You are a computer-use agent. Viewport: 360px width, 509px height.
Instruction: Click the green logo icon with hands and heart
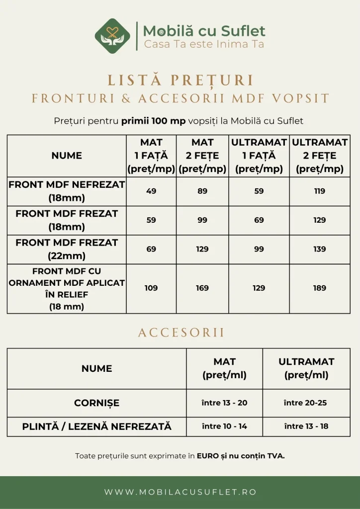pyautogui.click(x=112, y=36)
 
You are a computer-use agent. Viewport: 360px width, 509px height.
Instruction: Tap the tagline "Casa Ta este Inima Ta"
pyautogui.click(x=204, y=44)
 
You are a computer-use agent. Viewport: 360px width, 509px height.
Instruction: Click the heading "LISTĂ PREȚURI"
pyautogui.click(x=180, y=81)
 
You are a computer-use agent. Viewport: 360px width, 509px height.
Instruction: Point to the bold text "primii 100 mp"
pyautogui.click(x=147, y=121)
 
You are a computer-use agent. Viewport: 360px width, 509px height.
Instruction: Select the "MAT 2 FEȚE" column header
pyautogui.click(x=202, y=156)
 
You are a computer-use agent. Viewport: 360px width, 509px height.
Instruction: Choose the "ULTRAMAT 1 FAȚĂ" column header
pyautogui.click(x=259, y=156)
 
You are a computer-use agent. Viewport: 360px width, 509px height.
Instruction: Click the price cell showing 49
pyautogui.click(x=151, y=191)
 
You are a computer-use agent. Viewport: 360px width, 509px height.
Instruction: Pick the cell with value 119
pyautogui.click(x=320, y=191)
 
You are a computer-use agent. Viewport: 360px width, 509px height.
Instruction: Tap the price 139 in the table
pyautogui.click(x=320, y=249)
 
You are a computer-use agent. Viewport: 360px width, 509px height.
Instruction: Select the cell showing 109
pyautogui.click(x=151, y=288)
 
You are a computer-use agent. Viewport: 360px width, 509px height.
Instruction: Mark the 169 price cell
pyautogui.click(x=202, y=288)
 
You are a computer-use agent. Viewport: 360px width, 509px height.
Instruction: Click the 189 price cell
pyautogui.click(x=320, y=288)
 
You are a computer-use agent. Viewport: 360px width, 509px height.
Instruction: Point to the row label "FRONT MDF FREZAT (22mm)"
pyautogui.click(x=67, y=249)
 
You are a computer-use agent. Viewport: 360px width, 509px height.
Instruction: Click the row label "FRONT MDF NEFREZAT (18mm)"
pyautogui.click(x=67, y=191)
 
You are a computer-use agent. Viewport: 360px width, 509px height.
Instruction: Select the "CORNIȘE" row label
pyautogui.click(x=96, y=403)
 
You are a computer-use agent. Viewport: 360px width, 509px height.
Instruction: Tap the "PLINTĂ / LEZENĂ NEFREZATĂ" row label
pyautogui.click(x=96, y=426)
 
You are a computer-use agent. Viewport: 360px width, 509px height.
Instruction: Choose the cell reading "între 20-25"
pyautogui.click(x=305, y=403)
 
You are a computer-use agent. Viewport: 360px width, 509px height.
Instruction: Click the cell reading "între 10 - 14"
pyautogui.click(x=224, y=426)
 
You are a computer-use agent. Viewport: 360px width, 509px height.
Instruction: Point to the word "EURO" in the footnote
pyautogui.click(x=208, y=456)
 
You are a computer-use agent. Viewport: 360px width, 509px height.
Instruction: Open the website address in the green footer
pyautogui.click(x=180, y=492)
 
